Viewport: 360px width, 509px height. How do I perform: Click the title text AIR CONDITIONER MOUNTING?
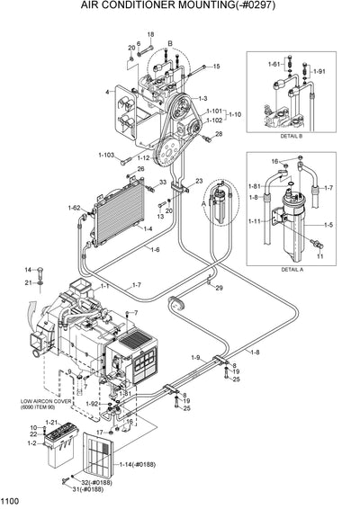(180, 7)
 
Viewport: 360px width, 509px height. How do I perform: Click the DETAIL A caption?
(292, 269)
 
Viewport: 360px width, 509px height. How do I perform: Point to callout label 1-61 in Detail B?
(274, 66)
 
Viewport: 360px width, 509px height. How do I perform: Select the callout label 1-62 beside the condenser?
(74, 208)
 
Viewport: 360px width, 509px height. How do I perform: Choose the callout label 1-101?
(212, 111)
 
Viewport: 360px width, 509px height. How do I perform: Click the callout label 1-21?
(51, 423)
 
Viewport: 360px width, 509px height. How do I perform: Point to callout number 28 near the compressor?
(218, 134)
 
